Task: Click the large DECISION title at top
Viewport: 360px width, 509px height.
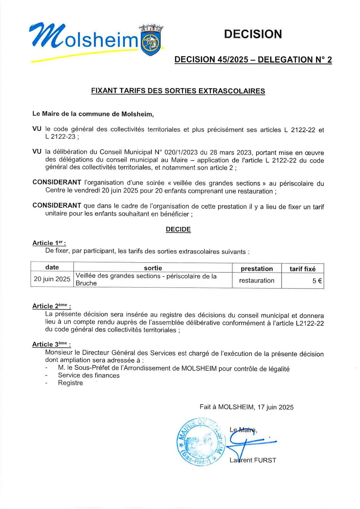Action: click(x=253, y=34)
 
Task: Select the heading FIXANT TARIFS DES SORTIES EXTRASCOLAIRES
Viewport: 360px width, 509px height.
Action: click(x=178, y=91)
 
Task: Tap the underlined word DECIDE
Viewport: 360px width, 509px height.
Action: click(x=178, y=229)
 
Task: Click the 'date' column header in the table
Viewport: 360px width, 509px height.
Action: click(x=52, y=267)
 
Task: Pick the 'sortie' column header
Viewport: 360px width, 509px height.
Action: click(x=153, y=268)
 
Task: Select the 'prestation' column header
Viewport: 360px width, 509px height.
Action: click(x=257, y=269)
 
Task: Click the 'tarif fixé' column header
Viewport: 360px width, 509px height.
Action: click(x=302, y=269)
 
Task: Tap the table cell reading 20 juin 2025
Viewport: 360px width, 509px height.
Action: click(x=52, y=279)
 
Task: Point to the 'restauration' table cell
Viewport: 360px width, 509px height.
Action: click(x=257, y=280)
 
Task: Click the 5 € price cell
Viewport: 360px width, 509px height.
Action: click(x=317, y=281)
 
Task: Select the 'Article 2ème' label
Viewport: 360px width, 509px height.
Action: click(x=51, y=306)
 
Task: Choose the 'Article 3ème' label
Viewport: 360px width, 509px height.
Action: click(x=51, y=344)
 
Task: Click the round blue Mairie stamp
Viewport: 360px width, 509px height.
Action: click(x=201, y=442)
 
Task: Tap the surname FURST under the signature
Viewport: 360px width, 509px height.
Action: click(x=265, y=460)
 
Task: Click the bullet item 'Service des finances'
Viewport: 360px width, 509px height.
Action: click(x=89, y=375)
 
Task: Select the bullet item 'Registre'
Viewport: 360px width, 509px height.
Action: click(x=70, y=383)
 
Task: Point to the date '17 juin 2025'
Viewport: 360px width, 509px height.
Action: click(x=275, y=407)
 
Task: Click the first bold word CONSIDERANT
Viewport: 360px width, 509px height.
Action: click(x=57, y=182)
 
